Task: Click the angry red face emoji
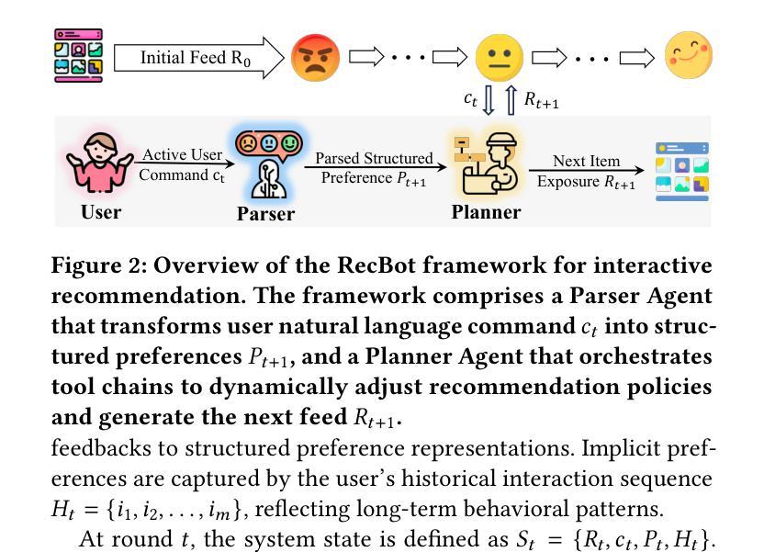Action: [315, 58]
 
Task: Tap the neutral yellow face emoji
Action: [499, 58]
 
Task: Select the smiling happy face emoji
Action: [688, 56]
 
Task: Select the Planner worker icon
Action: [486, 165]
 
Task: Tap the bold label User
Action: [101, 212]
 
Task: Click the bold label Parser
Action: [265, 214]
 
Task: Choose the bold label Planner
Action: [486, 212]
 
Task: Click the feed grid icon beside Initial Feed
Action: [78, 56]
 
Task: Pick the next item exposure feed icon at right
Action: [681, 170]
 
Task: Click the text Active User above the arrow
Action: [182, 155]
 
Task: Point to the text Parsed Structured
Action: [373, 158]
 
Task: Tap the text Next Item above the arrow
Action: [586, 161]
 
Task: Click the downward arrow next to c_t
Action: [489, 99]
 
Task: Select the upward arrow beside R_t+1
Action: [511, 99]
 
